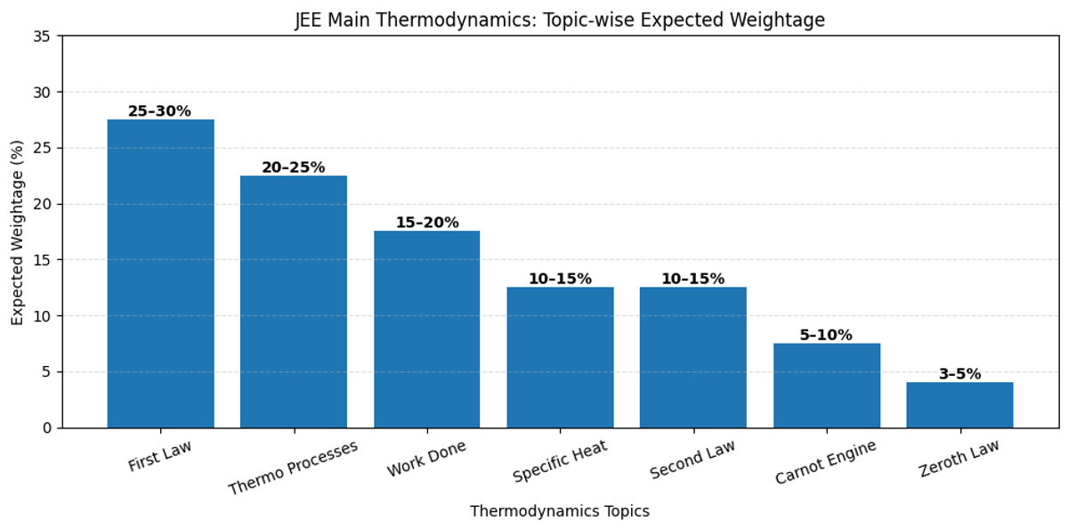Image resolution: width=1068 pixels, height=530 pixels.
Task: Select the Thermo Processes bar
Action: coord(294,302)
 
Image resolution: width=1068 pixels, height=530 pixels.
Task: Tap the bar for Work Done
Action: coord(426,330)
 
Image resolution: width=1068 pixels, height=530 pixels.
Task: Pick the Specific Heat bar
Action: coord(560,357)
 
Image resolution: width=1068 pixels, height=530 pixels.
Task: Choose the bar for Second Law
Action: coord(692,357)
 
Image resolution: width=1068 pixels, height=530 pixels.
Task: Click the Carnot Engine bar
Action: coord(826,386)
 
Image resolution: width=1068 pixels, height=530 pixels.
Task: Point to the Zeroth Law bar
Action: coord(959,405)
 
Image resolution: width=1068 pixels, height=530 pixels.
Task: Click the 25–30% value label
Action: coord(159,111)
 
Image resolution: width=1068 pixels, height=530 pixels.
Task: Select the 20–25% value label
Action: coord(293,167)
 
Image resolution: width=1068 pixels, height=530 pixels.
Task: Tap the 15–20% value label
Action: coord(426,223)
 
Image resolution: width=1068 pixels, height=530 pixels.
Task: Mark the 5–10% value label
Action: coord(826,335)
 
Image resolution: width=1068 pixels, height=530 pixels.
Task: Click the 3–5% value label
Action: coord(959,374)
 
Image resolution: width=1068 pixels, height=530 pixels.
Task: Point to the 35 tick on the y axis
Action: coord(43,37)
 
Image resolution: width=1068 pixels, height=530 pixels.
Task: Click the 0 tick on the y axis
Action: coord(47,428)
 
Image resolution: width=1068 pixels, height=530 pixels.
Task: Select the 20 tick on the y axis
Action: coord(43,204)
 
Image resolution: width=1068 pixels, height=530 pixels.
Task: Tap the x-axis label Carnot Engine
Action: coord(826,462)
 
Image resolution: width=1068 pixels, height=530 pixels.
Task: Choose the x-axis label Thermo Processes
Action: coord(294,468)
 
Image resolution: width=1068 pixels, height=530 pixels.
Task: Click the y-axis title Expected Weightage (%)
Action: coord(18,232)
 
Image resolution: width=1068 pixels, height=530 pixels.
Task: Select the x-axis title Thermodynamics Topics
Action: coord(560,511)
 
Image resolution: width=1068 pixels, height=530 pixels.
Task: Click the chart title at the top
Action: coord(560,20)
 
